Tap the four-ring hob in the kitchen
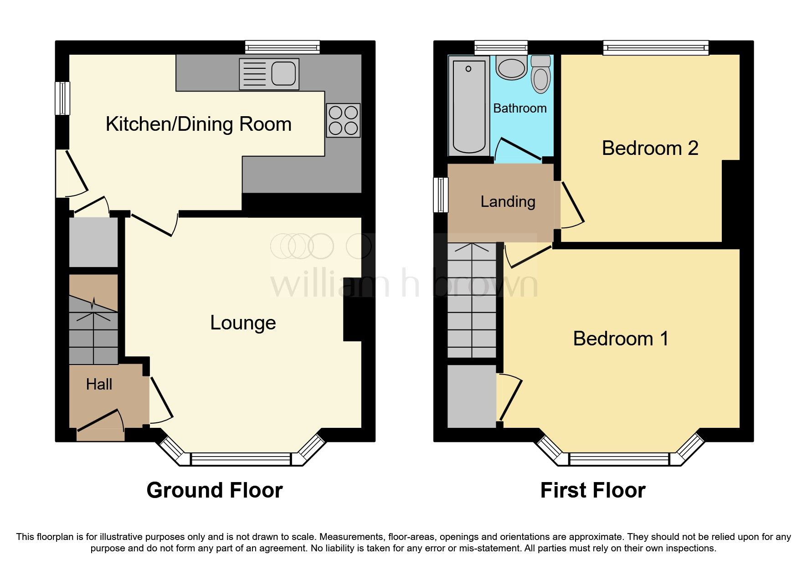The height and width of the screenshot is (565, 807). point(343,120)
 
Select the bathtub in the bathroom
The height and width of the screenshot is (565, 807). point(469,106)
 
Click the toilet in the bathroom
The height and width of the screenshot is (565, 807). point(541,75)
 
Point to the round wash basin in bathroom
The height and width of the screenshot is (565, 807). point(512,68)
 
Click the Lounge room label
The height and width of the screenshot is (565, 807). point(243,323)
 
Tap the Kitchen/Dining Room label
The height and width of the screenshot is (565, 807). point(198,124)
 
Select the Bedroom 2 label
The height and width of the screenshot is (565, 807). point(650,148)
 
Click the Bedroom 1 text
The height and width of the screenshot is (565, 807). point(621,339)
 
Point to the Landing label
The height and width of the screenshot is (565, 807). point(508,201)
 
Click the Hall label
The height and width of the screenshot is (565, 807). point(99,385)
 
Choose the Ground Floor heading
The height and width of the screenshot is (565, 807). point(215,490)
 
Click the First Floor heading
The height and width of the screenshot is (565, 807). point(593,490)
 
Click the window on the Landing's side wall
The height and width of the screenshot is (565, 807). point(440,195)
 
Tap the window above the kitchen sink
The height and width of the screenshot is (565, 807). point(282,47)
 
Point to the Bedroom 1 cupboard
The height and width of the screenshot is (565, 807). point(472,395)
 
